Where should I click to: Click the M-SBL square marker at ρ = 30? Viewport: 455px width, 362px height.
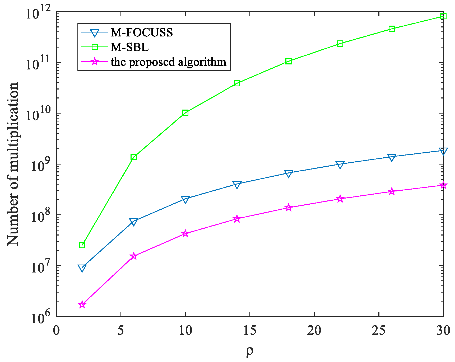pos(443,16)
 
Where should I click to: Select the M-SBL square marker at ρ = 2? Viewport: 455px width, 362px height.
pos(82,245)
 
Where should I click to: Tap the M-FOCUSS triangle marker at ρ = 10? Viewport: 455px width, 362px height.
pos(185,200)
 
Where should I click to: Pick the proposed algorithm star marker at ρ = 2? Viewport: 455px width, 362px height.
pos(82,304)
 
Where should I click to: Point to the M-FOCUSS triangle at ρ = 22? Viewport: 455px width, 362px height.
pos(340,165)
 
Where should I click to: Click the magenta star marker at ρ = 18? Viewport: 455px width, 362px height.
pos(289,208)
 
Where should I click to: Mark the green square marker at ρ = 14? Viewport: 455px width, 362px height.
pos(237,83)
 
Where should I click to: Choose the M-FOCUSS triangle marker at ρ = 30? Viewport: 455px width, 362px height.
pos(443,151)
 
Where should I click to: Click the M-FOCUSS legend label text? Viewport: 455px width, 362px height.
pos(142,32)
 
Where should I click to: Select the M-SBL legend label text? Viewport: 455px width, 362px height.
pos(129,47)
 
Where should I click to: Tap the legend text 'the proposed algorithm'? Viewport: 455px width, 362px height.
pos(169,62)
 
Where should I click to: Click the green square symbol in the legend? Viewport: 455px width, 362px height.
pos(95,47)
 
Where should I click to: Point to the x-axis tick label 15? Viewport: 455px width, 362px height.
pos(250,330)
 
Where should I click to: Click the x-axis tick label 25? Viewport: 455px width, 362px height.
pos(379,330)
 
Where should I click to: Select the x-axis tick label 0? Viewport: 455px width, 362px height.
pos(56,330)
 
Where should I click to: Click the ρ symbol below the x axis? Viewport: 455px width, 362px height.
pos(250,351)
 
